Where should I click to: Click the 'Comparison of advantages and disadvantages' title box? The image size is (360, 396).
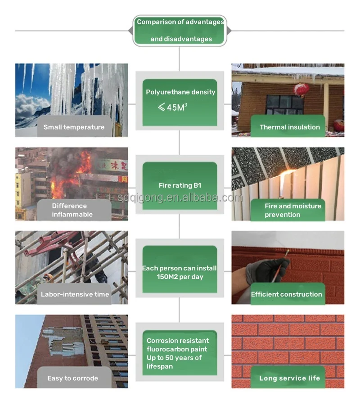pyautogui.click(x=180, y=31)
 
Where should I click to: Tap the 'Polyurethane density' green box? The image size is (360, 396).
pyautogui.click(x=180, y=102)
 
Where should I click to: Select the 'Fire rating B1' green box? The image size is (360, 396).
pyautogui.click(x=180, y=185)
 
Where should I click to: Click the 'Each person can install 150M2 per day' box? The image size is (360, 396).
pyautogui.click(x=180, y=269)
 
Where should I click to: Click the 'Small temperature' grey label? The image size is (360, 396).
pyautogui.click(x=74, y=127)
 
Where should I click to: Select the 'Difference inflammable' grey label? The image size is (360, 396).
pyautogui.click(x=72, y=210)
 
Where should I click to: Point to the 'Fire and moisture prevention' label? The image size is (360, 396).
pyautogui.click(x=292, y=210)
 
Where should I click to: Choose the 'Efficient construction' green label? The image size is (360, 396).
pyautogui.click(x=286, y=294)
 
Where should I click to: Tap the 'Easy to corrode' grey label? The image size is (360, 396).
pyautogui.click(x=72, y=378)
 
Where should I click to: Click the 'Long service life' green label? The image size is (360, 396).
pyautogui.click(x=289, y=378)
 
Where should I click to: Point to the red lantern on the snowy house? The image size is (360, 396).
pyautogui.click(x=301, y=89)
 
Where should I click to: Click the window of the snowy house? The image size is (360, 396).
pyautogui.click(x=279, y=105)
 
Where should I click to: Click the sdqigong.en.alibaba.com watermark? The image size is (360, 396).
pyautogui.click(x=180, y=198)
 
